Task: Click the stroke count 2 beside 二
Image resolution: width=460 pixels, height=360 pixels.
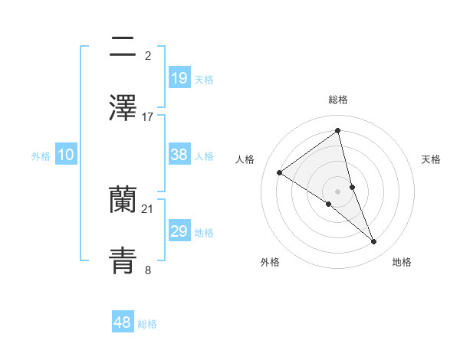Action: click(148, 56)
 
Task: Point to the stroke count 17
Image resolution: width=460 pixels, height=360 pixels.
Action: click(148, 116)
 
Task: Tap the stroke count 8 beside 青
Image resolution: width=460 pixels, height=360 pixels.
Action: click(148, 270)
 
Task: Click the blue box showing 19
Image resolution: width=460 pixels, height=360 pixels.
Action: click(179, 77)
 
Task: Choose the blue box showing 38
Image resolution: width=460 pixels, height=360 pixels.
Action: click(179, 155)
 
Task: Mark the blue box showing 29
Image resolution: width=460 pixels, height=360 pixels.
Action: click(179, 231)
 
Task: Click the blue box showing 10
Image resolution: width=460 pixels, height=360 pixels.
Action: click(66, 155)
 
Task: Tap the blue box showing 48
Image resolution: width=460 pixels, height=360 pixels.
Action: click(122, 322)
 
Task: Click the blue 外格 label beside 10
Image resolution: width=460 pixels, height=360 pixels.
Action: click(41, 156)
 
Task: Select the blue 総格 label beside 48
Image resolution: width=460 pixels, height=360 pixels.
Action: click(147, 324)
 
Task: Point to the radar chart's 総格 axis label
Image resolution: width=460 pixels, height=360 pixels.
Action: click(338, 100)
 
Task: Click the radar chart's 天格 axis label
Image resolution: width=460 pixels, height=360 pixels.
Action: click(432, 159)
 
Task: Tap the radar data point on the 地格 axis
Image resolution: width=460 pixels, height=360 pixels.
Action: click(374, 242)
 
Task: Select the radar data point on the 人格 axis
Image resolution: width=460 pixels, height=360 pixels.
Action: click(280, 172)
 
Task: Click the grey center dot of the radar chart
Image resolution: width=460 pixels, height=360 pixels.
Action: click(338, 191)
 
